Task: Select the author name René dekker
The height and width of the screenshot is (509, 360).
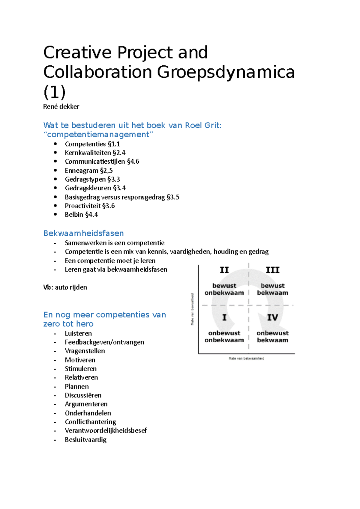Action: coord(61,107)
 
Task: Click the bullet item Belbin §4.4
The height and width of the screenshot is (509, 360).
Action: coord(81,215)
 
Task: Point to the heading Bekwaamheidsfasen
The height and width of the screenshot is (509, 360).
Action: coord(83,233)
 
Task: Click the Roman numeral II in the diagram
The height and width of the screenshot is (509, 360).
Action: coord(224,270)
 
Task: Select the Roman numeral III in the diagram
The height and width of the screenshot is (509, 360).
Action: coord(272,270)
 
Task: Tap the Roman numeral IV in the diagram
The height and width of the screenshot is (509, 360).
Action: coord(272,317)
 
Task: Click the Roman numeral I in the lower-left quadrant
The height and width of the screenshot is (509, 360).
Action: coord(224,317)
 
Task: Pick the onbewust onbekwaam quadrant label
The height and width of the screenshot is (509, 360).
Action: coord(224,336)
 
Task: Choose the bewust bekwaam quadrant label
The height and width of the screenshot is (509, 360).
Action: coord(272,289)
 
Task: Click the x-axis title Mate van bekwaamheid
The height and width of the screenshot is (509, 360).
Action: coord(246,359)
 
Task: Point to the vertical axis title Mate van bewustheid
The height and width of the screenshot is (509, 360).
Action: coord(192,309)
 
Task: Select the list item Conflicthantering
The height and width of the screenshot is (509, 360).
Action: coord(90,422)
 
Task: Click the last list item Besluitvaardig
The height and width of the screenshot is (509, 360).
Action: coord(85,440)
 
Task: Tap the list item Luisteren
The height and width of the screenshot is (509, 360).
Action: coord(78,333)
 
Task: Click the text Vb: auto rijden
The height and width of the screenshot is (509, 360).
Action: coord(65,287)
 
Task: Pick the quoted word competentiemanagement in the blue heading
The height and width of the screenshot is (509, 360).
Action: coord(98,134)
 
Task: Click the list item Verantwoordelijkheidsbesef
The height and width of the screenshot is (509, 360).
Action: coord(106,431)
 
